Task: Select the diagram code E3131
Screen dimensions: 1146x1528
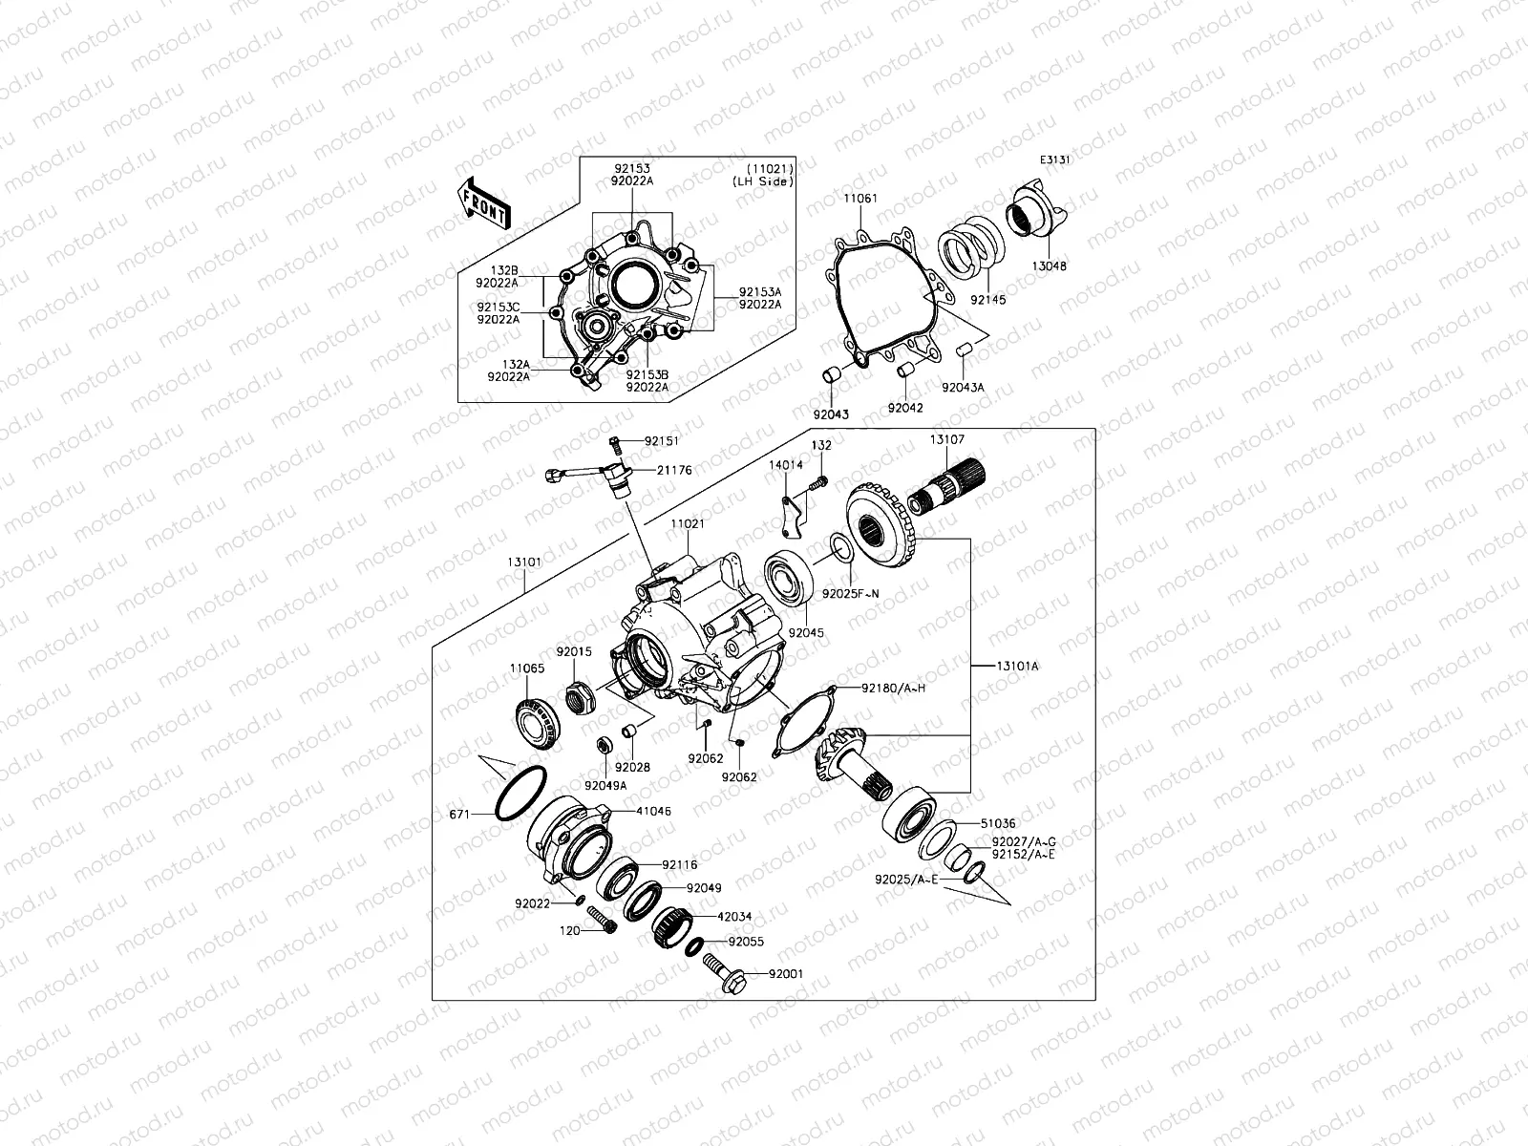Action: tap(1055, 160)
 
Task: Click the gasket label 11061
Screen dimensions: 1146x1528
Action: tap(859, 199)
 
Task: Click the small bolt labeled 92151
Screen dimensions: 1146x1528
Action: tap(615, 443)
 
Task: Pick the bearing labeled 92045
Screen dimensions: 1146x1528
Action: tap(789, 578)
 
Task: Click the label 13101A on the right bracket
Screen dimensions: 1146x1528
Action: tap(1016, 665)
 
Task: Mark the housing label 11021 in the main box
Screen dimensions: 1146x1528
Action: tap(687, 524)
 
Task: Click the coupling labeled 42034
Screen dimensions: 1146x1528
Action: tap(671, 925)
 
